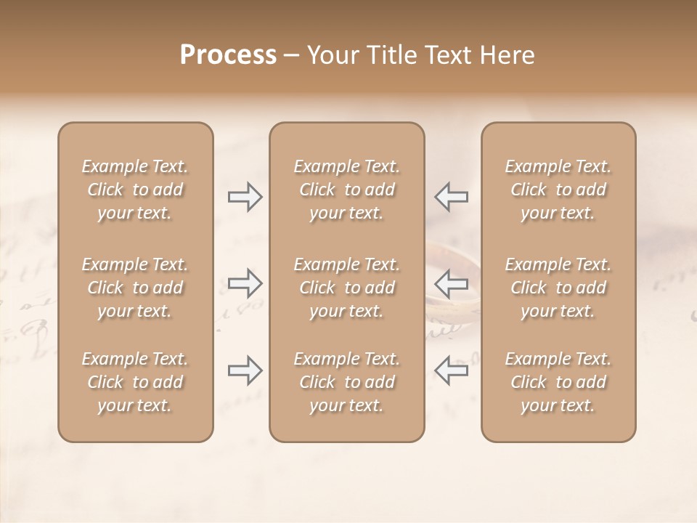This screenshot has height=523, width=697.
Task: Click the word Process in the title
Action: pyautogui.click(x=228, y=55)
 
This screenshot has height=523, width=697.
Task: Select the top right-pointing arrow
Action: pyautogui.click(x=245, y=197)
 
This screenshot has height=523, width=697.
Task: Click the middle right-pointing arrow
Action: pyautogui.click(x=245, y=283)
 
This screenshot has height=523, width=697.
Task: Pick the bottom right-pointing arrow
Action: pyautogui.click(x=245, y=370)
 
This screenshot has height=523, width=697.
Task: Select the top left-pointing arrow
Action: pyautogui.click(x=451, y=197)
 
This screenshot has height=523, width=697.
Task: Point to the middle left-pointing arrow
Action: pyautogui.click(x=451, y=283)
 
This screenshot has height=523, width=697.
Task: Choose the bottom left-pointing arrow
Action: pyautogui.click(x=451, y=370)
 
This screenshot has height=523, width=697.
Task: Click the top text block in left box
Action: pyautogui.click(x=135, y=190)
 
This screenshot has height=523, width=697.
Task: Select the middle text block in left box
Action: pyautogui.click(x=135, y=288)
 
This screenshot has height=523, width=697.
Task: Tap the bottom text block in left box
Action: pyautogui.click(x=135, y=382)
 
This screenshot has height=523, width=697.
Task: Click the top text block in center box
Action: pyautogui.click(x=346, y=190)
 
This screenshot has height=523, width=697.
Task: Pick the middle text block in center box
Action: pyautogui.click(x=346, y=288)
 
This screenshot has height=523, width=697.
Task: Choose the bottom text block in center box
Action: pyautogui.click(x=346, y=382)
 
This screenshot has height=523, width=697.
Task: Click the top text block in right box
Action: pyautogui.click(x=558, y=190)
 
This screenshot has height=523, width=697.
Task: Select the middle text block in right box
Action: pyautogui.click(x=558, y=288)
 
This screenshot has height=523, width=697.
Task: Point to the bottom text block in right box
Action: pyautogui.click(x=558, y=382)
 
